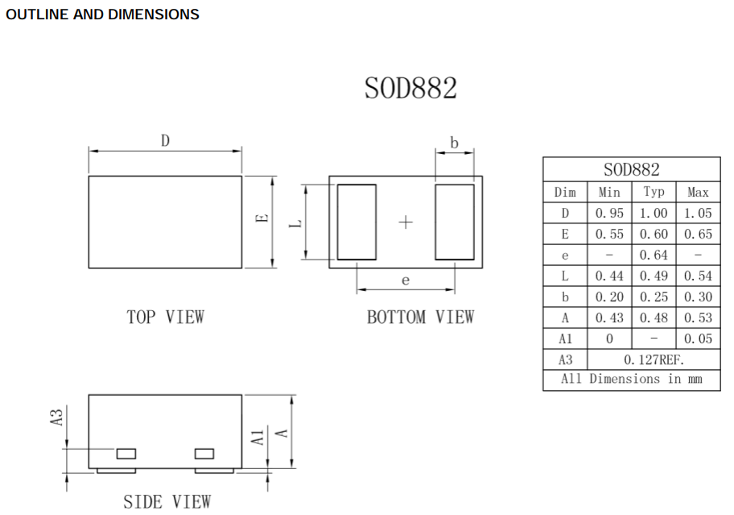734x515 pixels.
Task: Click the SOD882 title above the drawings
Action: coord(410,88)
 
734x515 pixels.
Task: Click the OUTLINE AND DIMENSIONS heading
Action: coord(102,15)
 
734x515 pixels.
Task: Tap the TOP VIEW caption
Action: coord(165,317)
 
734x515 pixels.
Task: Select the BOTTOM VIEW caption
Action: coord(420,317)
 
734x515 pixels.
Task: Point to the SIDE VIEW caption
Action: coord(167,501)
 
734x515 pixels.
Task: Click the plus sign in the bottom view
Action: coord(406,222)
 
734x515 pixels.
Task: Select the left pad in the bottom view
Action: coord(357,222)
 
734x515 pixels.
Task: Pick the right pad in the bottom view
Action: coord(455,222)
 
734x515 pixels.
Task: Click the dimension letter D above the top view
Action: coord(165,140)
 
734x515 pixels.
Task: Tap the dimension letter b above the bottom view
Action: coord(454,143)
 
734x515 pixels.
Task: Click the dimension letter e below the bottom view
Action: coord(406,280)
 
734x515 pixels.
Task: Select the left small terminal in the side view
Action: coord(126,454)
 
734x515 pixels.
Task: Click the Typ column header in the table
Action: coord(654,192)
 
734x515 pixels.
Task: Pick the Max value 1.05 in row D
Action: coord(698,213)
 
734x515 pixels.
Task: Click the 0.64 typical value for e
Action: coord(654,255)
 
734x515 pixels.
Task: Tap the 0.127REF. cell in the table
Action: coord(654,359)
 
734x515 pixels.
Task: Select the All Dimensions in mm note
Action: coord(631,379)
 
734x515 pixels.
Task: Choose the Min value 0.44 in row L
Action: coord(609,276)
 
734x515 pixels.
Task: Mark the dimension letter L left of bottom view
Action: coord(296,222)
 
